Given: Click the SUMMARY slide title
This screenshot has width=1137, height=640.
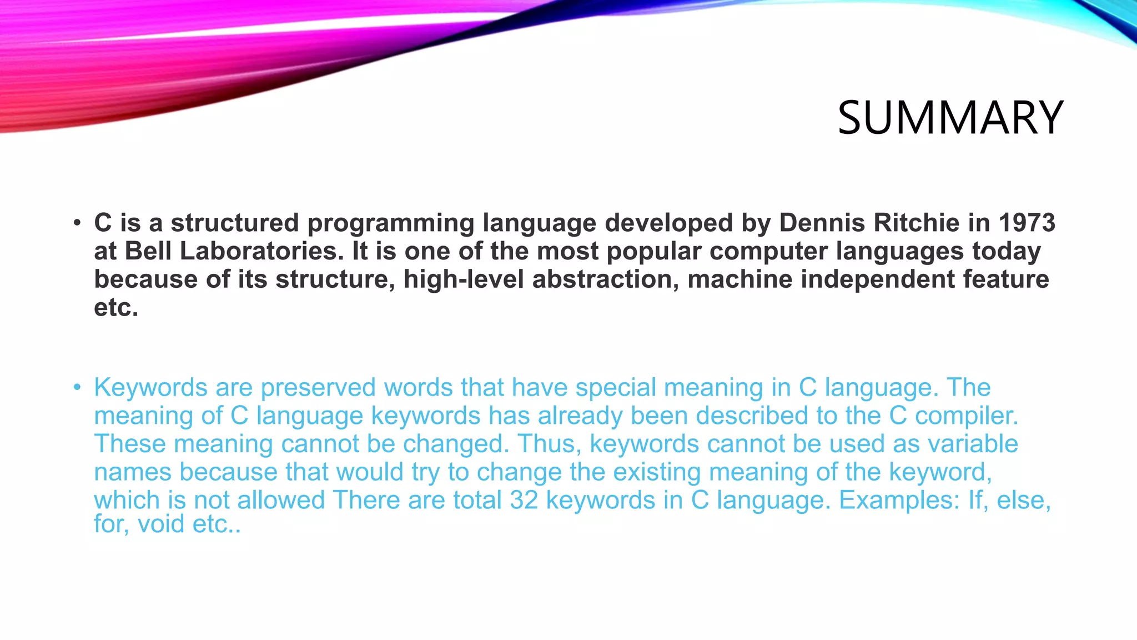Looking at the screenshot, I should click(950, 118).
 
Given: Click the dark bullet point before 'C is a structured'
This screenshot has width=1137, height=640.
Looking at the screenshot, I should click(77, 223).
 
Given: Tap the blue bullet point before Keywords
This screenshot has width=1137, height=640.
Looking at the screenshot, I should click(77, 387).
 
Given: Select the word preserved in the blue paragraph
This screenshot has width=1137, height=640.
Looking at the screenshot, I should click(318, 388).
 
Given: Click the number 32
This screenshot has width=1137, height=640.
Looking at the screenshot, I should click(524, 501).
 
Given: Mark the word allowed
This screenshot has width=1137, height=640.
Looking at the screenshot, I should click(281, 501).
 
